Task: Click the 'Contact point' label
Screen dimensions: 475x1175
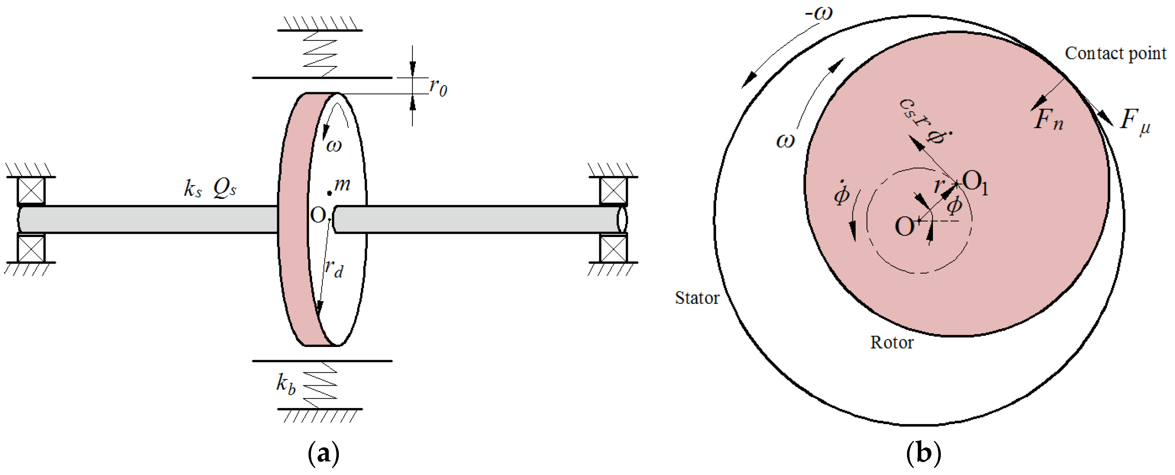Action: [x=1115, y=54]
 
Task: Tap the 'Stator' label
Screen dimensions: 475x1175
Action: [x=697, y=298]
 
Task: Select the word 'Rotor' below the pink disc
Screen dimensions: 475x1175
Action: [x=892, y=342]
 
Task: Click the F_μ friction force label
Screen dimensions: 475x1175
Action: [x=1135, y=122]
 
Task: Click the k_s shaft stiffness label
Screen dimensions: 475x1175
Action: [x=193, y=188]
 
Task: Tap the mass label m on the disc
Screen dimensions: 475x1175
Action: [x=342, y=184]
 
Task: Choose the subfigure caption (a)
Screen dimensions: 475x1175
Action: [x=324, y=454]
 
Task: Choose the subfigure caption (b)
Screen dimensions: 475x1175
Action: [x=924, y=454]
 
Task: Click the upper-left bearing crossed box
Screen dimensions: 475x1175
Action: [x=31, y=191]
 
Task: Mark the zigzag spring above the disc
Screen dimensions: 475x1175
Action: [x=320, y=54]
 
